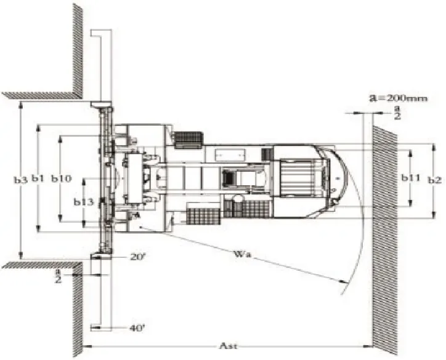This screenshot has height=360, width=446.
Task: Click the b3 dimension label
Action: point(20,180)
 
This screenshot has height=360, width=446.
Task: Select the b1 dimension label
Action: point(38,179)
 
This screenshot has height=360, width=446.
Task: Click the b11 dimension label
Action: point(411,178)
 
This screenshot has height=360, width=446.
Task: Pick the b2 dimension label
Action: point(434,180)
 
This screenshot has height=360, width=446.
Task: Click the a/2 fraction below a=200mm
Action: point(397,112)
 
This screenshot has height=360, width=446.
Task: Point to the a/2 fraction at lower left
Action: point(76,274)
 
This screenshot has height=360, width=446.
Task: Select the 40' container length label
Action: point(137,328)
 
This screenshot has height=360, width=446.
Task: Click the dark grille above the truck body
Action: point(189,140)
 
